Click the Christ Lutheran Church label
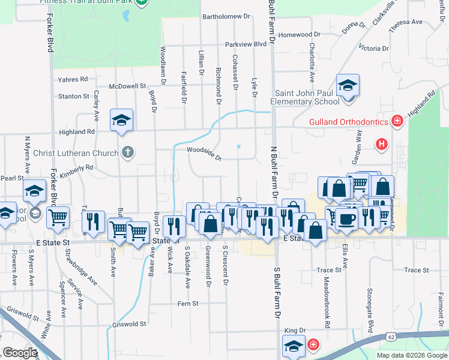[x=76, y=152]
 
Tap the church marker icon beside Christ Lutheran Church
[x=127, y=152]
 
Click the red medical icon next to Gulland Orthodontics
[x=397, y=122]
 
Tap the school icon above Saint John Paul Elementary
[x=347, y=85]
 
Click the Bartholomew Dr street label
[x=226, y=17]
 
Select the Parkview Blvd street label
[x=245, y=44]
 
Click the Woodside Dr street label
[x=204, y=154]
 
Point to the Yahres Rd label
[x=73, y=79]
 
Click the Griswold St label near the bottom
[x=130, y=325]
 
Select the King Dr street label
[x=295, y=330]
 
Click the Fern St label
[x=188, y=304]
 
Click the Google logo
[x=20, y=353]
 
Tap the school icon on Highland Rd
[x=121, y=120]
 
